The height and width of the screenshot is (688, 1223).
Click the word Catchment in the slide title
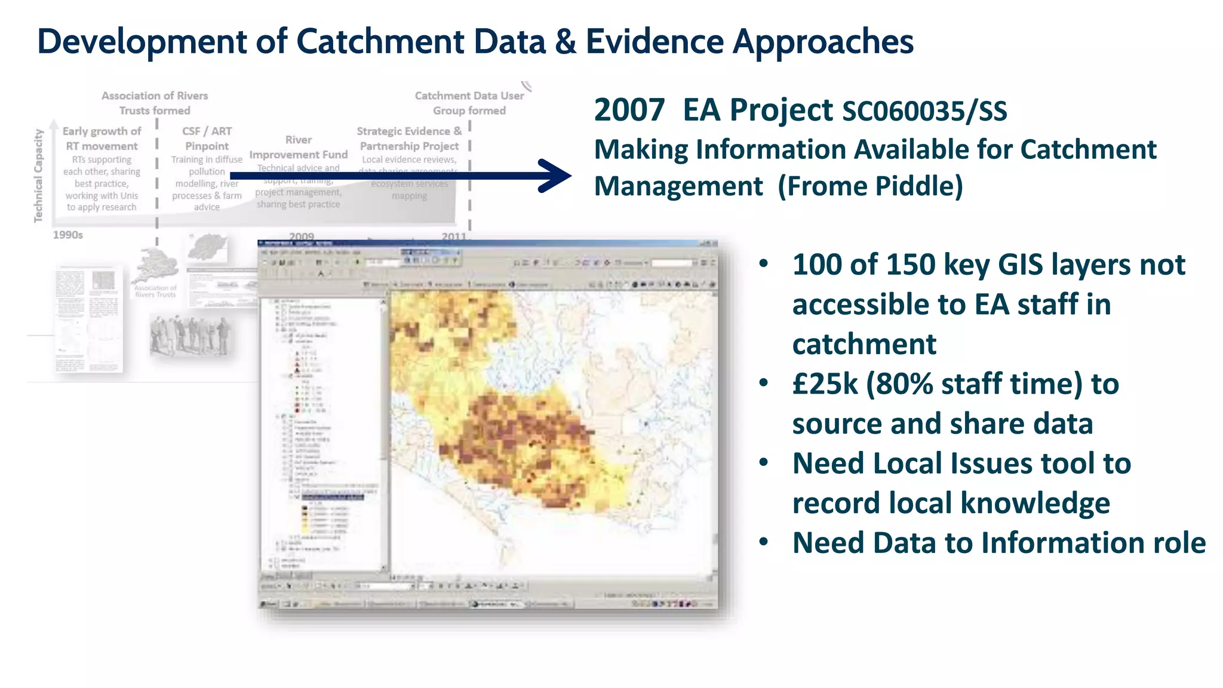point(380,42)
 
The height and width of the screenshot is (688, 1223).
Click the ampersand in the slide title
point(566,42)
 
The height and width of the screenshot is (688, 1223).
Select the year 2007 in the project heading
point(629,110)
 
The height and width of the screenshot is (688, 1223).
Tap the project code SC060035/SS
point(924,112)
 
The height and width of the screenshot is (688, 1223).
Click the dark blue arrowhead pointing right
point(555,176)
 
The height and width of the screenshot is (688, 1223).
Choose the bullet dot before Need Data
point(764,542)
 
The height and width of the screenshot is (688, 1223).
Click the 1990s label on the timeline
point(67,235)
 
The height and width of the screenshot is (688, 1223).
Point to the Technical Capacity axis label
point(39,176)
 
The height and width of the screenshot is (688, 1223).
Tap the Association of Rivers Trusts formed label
point(155,103)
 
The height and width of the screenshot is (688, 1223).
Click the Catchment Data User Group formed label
point(469,103)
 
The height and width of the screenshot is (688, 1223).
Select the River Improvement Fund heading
point(298,147)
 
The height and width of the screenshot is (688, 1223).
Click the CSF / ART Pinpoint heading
point(207,138)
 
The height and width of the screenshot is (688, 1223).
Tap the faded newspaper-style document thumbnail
point(89,320)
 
